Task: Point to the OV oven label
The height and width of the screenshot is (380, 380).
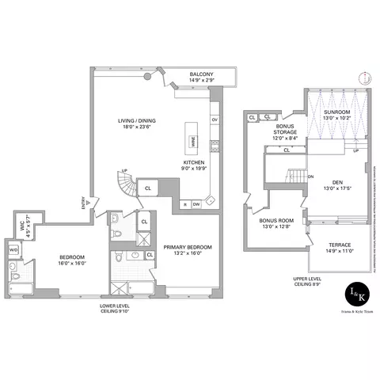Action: pyautogui.click(x=214, y=120)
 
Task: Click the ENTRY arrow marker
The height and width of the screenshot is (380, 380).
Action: pyautogui.click(x=89, y=203)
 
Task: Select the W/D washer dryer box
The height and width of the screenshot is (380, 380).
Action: pyautogui.click(x=13, y=252)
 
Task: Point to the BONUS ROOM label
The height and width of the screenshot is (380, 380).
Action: pyautogui.click(x=277, y=223)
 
